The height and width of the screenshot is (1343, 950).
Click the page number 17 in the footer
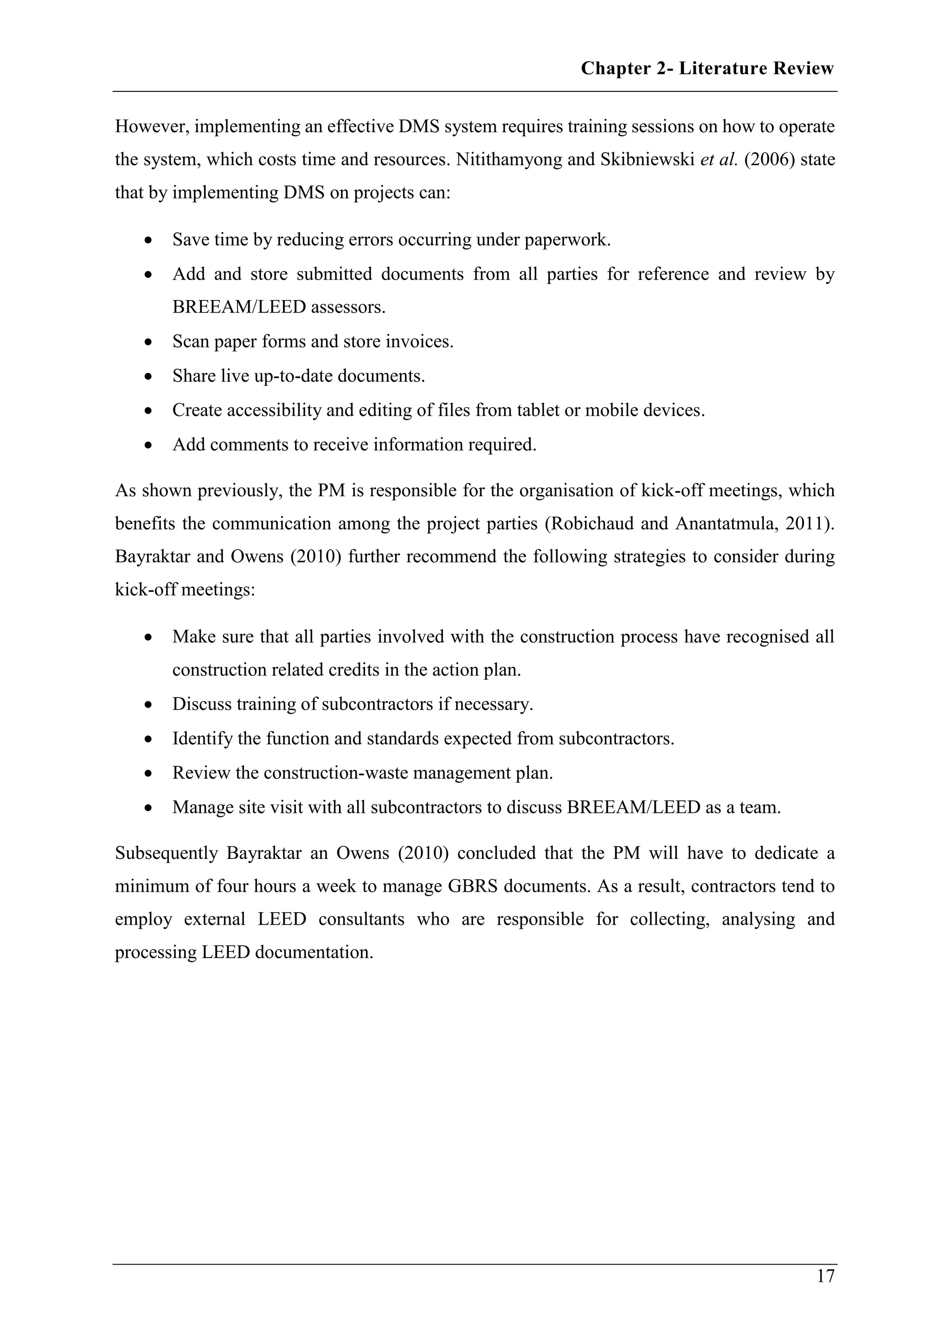[825, 1276]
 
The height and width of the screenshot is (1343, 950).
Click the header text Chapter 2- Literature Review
[706, 69]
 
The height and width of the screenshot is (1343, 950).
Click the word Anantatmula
[726, 523]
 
